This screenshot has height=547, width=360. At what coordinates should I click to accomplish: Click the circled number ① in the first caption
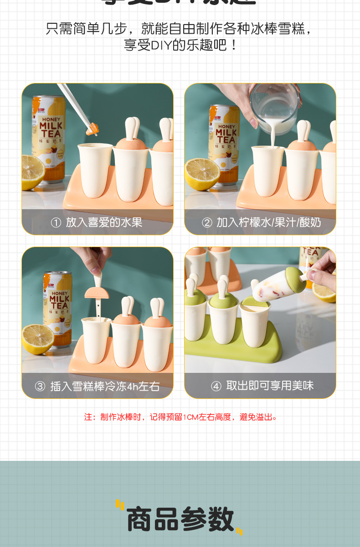tap(56, 222)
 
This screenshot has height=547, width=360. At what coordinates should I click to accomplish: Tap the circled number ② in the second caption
tap(207, 222)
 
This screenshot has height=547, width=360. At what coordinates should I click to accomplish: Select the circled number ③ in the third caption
tap(41, 387)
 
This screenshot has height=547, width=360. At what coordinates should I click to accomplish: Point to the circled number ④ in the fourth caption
tap(216, 387)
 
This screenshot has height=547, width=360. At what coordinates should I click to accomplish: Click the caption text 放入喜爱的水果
tap(104, 222)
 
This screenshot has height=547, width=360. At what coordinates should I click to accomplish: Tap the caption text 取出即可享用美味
tap(270, 386)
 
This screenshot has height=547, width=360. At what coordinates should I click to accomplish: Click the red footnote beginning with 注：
tap(180, 417)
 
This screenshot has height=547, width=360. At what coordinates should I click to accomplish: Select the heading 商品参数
tap(180, 519)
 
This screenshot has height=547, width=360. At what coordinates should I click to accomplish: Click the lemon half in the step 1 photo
tap(32, 172)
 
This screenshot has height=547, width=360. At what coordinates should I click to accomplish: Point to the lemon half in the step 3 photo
tap(37, 339)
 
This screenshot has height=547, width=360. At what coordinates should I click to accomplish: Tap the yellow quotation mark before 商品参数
tap(120, 505)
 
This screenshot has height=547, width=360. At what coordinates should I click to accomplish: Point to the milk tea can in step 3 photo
tap(58, 305)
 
